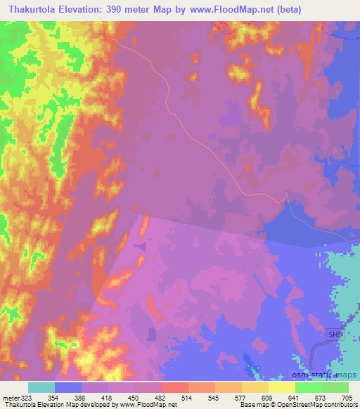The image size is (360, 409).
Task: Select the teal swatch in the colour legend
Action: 41,387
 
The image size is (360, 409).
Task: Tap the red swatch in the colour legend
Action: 175,387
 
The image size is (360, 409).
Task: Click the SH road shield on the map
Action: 335,336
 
